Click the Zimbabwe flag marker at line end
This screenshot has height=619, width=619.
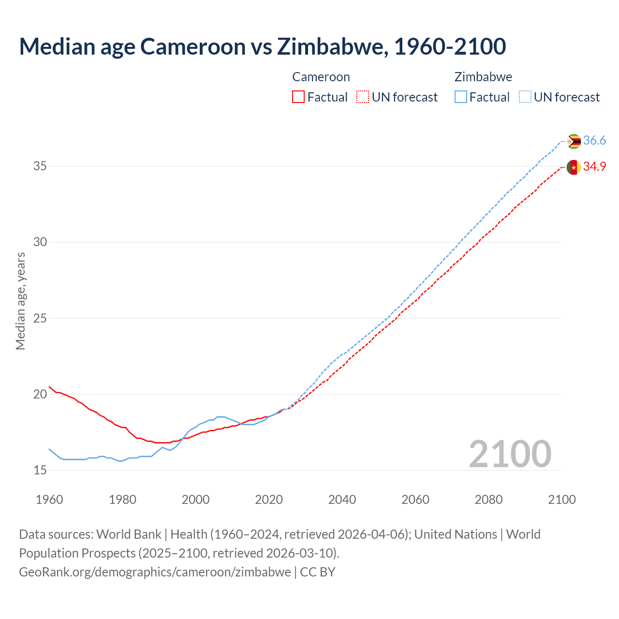point(574,141)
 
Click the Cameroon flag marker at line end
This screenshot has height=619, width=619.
point(574,167)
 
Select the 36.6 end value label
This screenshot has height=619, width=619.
point(594,141)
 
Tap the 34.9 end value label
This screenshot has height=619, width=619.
point(594,167)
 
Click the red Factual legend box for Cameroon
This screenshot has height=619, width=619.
point(298,97)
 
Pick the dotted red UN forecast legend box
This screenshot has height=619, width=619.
point(363,97)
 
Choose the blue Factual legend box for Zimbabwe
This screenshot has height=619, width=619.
point(461,97)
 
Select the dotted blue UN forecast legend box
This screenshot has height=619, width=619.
point(525,97)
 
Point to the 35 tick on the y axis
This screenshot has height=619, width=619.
point(40,166)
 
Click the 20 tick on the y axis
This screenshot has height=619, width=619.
point(40,395)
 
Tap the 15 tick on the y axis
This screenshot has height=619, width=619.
point(40,471)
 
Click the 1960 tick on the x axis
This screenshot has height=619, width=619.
point(49,500)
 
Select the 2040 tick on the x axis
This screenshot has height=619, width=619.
point(342,500)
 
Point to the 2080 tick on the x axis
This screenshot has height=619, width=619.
point(488,500)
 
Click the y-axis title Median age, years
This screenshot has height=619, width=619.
point(21,301)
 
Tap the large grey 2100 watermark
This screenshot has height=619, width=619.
point(510,454)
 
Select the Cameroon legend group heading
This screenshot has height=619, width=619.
point(321,77)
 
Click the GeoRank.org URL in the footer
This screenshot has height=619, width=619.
point(155,572)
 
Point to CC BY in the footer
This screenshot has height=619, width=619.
point(318,572)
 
